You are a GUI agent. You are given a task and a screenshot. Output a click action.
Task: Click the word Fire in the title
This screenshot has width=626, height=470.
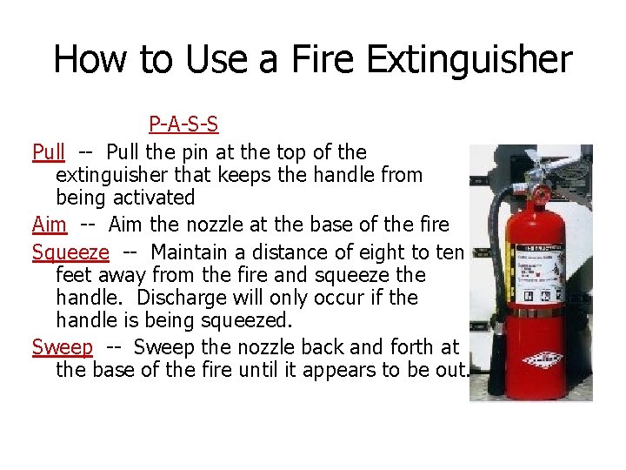(324, 60)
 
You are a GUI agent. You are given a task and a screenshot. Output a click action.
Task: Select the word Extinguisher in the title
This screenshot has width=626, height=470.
(470, 60)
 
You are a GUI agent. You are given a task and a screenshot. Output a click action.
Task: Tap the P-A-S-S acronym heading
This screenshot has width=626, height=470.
(183, 125)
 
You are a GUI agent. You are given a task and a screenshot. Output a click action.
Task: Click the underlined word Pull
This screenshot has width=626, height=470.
(49, 152)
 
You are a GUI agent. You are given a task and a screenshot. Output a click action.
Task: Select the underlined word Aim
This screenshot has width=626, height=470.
(50, 225)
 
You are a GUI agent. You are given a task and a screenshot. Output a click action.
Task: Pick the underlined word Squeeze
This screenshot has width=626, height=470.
(70, 252)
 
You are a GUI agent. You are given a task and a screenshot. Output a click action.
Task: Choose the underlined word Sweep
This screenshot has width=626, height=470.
(62, 346)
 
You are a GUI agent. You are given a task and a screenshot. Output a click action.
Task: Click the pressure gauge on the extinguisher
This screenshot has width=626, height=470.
(539, 194)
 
